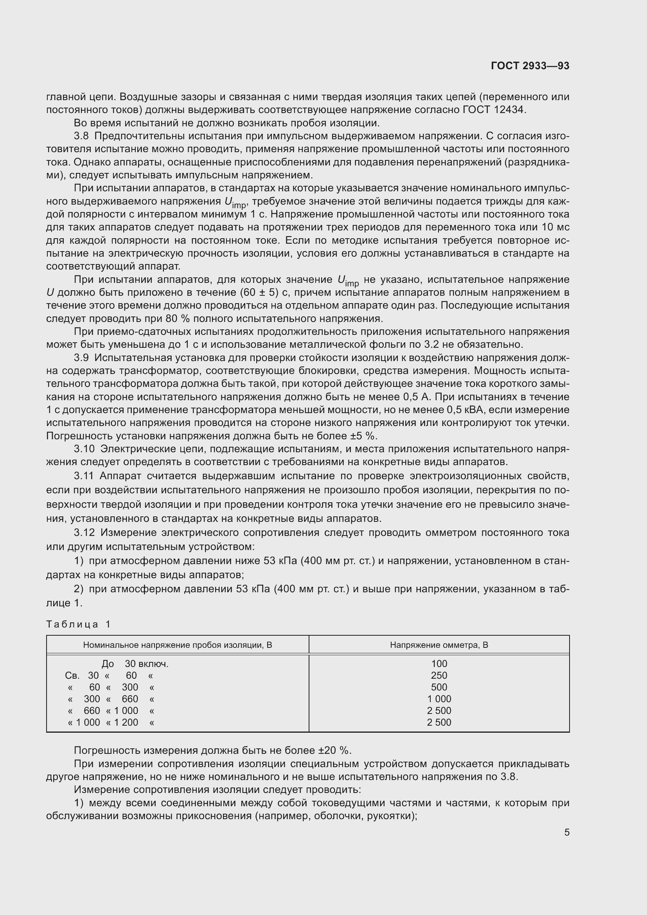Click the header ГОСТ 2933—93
[x=530, y=66]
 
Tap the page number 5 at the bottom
[x=566, y=832]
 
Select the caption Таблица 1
[x=78, y=624]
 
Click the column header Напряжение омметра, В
[x=439, y=645]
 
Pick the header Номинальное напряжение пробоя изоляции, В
[x=177, y=645]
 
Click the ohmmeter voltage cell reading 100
[x=439, y=663]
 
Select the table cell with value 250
[x=439, y=676]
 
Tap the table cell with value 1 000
[x=439, y=699]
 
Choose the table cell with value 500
[x=439, y=687]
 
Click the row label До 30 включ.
[x=135, y=663]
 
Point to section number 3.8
[x=81, y=136]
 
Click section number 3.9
[x=81, y=358]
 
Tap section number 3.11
[x=84, y=476]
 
